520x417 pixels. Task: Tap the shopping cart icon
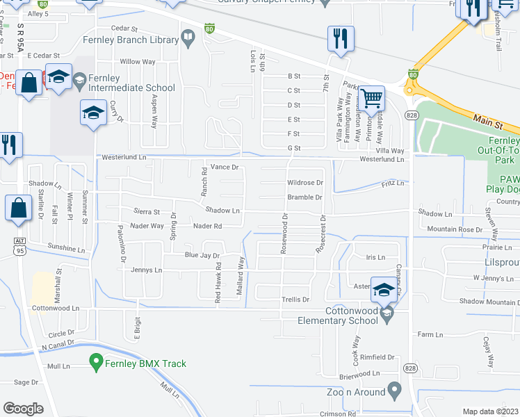371,99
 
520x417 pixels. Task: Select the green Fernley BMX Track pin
97,361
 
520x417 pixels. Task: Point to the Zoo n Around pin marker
395,390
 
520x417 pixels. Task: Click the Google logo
24,408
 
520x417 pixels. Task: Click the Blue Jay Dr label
202,255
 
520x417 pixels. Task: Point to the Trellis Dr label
295,300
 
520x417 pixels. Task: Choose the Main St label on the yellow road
487,122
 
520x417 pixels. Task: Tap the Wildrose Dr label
305,183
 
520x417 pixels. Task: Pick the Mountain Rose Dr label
455,229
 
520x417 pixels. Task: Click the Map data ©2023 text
491,411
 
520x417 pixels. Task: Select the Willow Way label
138,62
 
